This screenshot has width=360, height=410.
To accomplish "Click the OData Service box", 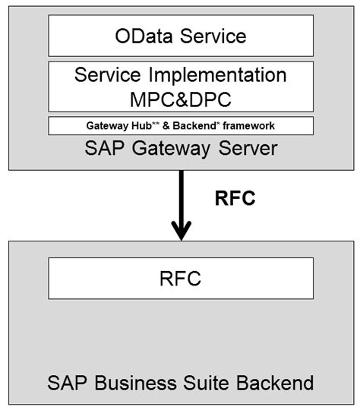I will click(180, 36).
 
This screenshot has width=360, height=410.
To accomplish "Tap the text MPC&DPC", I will click(181, 98).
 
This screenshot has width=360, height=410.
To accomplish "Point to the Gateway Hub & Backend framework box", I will click(180, 125).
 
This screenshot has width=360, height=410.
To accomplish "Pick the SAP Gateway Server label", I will click(181, 147).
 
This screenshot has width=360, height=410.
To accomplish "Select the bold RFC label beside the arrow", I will click(234, 200).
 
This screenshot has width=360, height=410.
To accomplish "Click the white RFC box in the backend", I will click(180, 278).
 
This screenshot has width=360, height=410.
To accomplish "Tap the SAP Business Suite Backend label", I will click(180, 379).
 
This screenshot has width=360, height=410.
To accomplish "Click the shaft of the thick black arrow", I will click(181, 194).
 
